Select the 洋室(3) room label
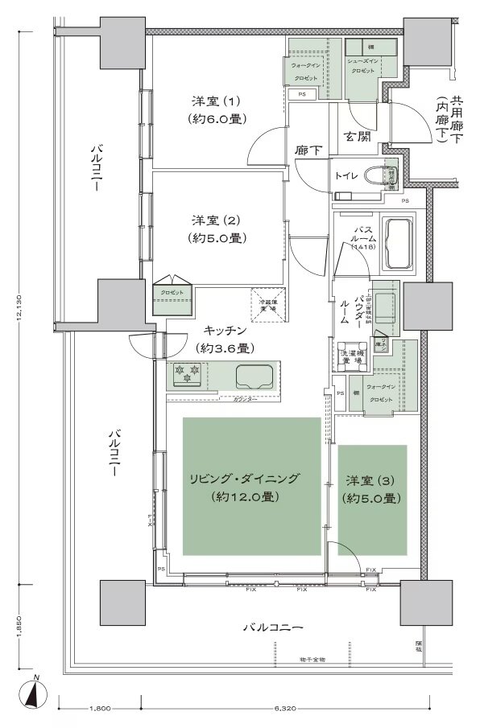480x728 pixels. point(371,480)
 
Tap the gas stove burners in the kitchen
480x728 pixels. point(187,373)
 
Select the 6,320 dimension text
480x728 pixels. point(285,709)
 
